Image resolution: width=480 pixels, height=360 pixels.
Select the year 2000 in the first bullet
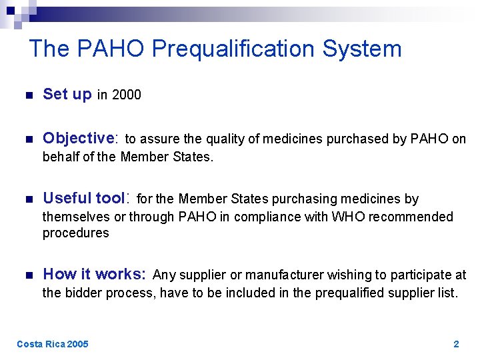(127, 95)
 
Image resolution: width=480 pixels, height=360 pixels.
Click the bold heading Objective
(79, 139)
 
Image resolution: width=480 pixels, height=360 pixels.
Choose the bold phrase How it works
(94, 274)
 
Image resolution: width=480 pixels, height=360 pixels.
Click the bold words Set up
(67, 95)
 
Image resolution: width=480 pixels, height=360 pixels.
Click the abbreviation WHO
(349, 217)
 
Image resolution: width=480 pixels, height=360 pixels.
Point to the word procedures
(76, 233)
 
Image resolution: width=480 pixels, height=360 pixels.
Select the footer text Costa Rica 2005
(52, 344)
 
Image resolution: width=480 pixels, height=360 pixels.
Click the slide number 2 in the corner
(456, 344)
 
